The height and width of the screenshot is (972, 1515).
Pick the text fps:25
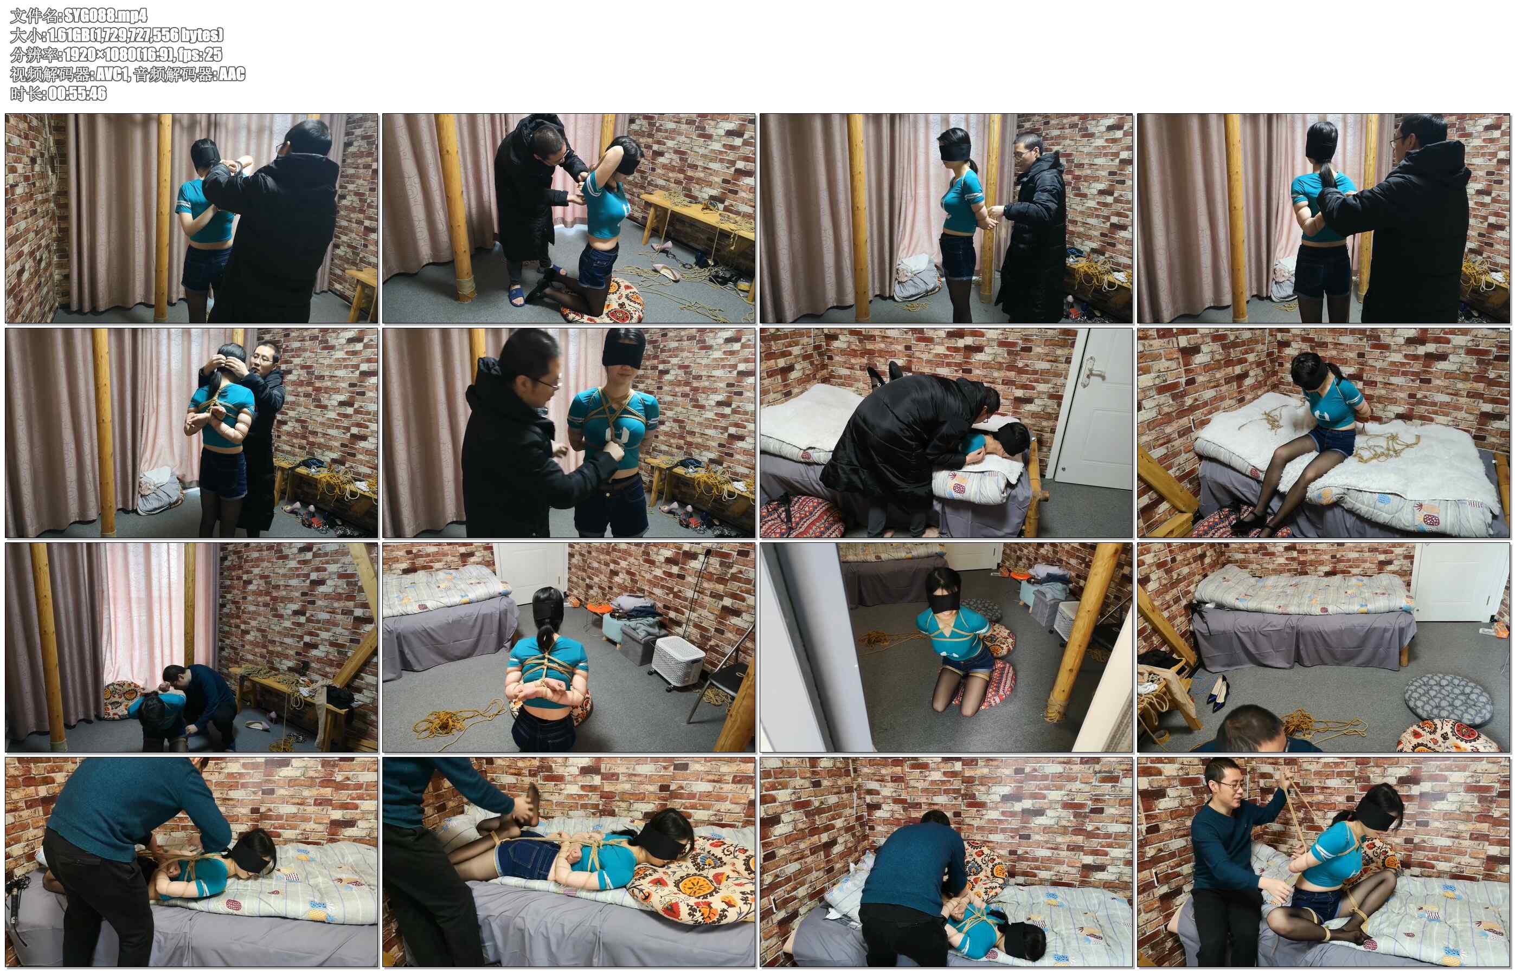click(x=200, y=54)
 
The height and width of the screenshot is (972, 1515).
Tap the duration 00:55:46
click(x=77, y=93)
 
